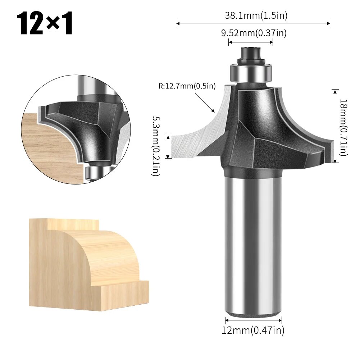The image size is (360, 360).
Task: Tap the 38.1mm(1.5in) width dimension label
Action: (x=256, y=15)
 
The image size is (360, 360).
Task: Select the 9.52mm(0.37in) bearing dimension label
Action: (x=253, y=33)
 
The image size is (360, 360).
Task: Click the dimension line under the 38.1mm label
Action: (x=253, y=24)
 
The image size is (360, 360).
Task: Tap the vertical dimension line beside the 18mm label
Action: (x=335, y=126)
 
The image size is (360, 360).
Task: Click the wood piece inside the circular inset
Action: (x=47, y=147)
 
